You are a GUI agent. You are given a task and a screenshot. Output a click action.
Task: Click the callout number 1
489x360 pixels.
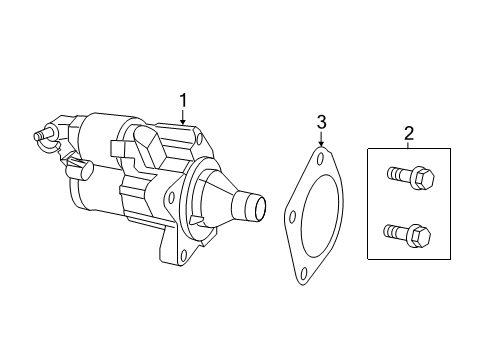pos(183,101)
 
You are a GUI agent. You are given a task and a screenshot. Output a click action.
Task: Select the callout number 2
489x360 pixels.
pos(409,133)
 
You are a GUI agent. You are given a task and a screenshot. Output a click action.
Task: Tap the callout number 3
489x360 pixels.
pos(321,122)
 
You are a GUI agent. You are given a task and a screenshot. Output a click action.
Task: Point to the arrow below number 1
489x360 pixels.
pos(183,117)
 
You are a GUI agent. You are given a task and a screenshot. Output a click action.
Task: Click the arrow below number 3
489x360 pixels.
pos(321,139)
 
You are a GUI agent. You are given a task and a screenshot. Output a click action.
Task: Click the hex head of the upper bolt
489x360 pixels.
pos(423,177)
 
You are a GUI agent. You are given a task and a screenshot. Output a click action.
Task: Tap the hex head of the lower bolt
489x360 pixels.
pos(420,235)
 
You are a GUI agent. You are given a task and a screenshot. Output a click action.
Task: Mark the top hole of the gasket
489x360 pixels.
pos(320,159)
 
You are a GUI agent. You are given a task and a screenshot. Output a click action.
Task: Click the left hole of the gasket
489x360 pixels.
pos(293,217)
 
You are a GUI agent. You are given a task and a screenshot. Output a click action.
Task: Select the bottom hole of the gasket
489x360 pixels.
pos(304,275)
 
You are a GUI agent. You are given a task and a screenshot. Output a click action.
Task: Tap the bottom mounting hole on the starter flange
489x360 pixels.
pos(182,256)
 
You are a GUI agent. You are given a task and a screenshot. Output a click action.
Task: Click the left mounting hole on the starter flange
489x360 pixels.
pos(171,198)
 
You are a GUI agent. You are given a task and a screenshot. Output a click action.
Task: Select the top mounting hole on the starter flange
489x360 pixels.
pos(199,138)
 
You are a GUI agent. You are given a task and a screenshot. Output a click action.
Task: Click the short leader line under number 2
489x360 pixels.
pos(409,145)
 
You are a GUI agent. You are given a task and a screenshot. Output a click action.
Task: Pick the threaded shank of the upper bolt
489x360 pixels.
pos(399,173)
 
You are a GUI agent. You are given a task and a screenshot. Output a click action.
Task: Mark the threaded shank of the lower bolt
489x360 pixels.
pos(396,230)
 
